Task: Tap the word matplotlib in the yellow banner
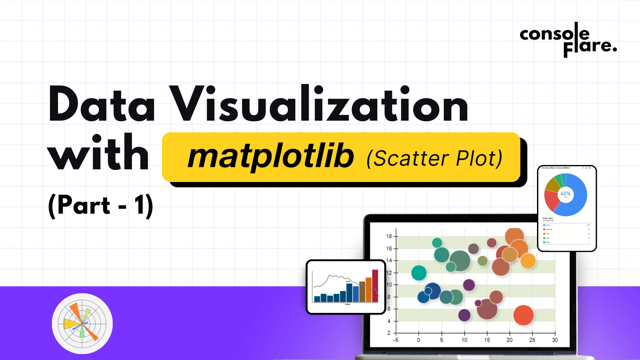270,157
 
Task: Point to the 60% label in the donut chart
566,194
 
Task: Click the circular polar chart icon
82,323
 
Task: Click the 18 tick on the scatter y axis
389,236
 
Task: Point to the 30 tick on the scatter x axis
555,340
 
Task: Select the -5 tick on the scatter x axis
396,340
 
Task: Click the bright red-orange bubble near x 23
523,315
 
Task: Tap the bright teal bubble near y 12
419,273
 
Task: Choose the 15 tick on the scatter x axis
487,340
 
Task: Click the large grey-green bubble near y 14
460,261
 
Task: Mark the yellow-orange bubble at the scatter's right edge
528,261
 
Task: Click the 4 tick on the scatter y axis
389,321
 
